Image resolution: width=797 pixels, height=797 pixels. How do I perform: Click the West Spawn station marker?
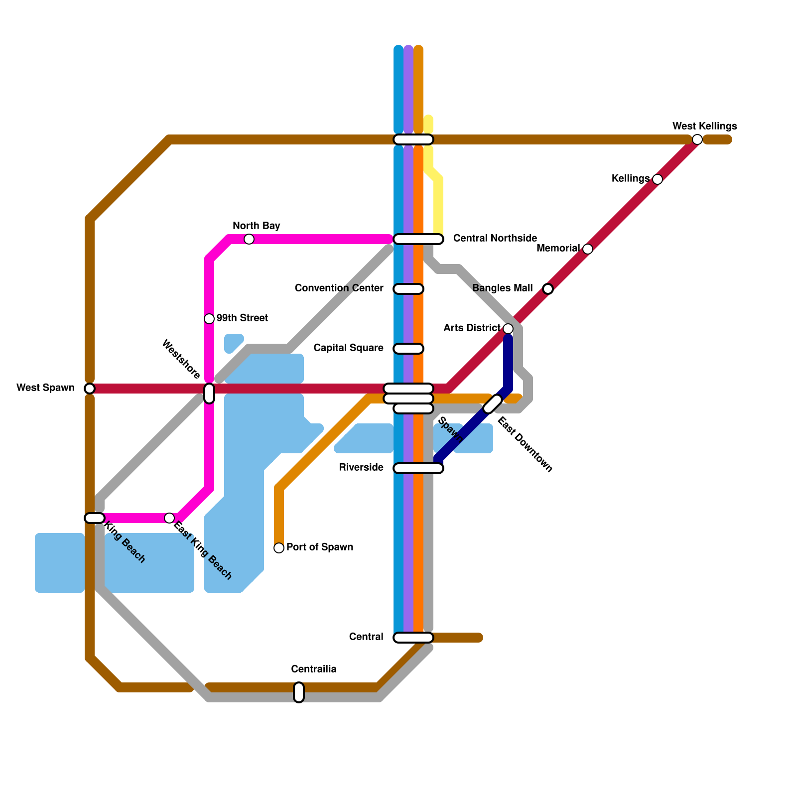(90, 389)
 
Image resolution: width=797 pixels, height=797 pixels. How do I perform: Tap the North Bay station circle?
(249, 239)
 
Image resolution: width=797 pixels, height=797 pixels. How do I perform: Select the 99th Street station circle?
(209, 319)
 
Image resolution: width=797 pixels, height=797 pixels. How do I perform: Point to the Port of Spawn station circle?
(279, 548)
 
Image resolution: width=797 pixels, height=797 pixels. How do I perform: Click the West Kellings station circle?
(697, 139)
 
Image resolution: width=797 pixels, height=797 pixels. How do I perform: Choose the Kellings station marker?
(658, 179)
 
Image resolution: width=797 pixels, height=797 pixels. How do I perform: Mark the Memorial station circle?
(588, 249)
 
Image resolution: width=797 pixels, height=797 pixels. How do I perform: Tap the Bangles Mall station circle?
(548, 289)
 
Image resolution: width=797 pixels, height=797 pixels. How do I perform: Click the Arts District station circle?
(508, 329)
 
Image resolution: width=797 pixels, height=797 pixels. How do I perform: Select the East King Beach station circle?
(169, 518)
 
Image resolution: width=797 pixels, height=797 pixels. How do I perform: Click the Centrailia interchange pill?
(299, 692)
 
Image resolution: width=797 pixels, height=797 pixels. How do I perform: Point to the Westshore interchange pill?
(209, 394)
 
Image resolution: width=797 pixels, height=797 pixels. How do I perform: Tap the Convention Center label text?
(339, 288)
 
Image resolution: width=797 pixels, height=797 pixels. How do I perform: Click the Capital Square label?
(348, 348)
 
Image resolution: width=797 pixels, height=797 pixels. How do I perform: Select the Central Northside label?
(495, 239)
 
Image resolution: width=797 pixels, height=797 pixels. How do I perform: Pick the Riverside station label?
(361, 468)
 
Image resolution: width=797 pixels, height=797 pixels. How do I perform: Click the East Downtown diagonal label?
(525, 444)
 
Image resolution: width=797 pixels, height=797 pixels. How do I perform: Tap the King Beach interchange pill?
(95, 518)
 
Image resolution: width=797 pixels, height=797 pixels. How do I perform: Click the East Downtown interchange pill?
(493, 404)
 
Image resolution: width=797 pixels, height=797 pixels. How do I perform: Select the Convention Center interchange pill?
(408, 289)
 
